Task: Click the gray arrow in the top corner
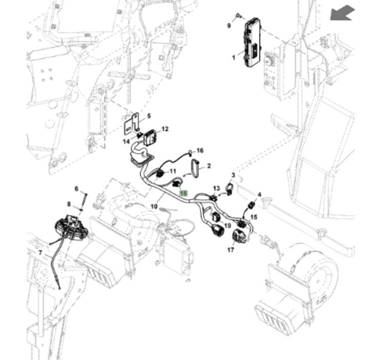pos(342,13)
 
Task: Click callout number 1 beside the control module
pos(234,57)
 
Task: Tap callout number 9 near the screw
pos(229,25)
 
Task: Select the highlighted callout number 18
pos(184,194)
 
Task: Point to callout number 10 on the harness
pos(154,206)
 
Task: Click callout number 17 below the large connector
pos(231,250)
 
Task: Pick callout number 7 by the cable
pos(40,253)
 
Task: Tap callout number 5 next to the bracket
pos(149,116)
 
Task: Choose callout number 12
pos(164,129)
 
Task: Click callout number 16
pos(200,151)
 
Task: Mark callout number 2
pos(209,166)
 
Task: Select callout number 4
pos(259,195)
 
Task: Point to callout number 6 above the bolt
pos(77,189)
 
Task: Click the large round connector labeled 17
pos(239,235)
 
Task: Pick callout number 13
pos(216,188)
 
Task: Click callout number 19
pos(228,225)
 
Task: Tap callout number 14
pos(126,142)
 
